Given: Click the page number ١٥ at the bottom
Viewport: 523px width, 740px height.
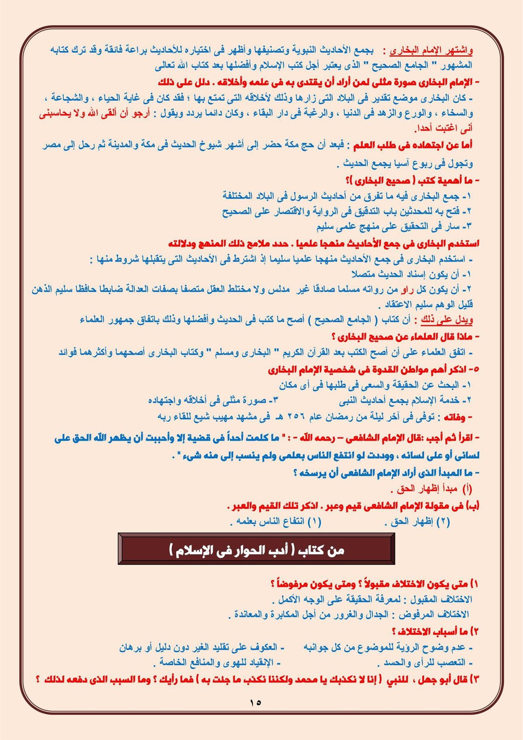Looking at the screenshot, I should click(255, 702).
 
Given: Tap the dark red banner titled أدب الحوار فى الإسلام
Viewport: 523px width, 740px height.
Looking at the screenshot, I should click(256, 549).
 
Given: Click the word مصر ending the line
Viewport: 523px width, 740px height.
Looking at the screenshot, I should click(51, 146).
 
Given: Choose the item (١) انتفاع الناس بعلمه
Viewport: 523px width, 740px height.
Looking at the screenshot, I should click(276, 522).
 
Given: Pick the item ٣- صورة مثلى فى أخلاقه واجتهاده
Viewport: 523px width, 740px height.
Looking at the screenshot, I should click(213, 400).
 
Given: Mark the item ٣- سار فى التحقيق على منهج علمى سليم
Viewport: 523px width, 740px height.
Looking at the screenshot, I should click(394, 227).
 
